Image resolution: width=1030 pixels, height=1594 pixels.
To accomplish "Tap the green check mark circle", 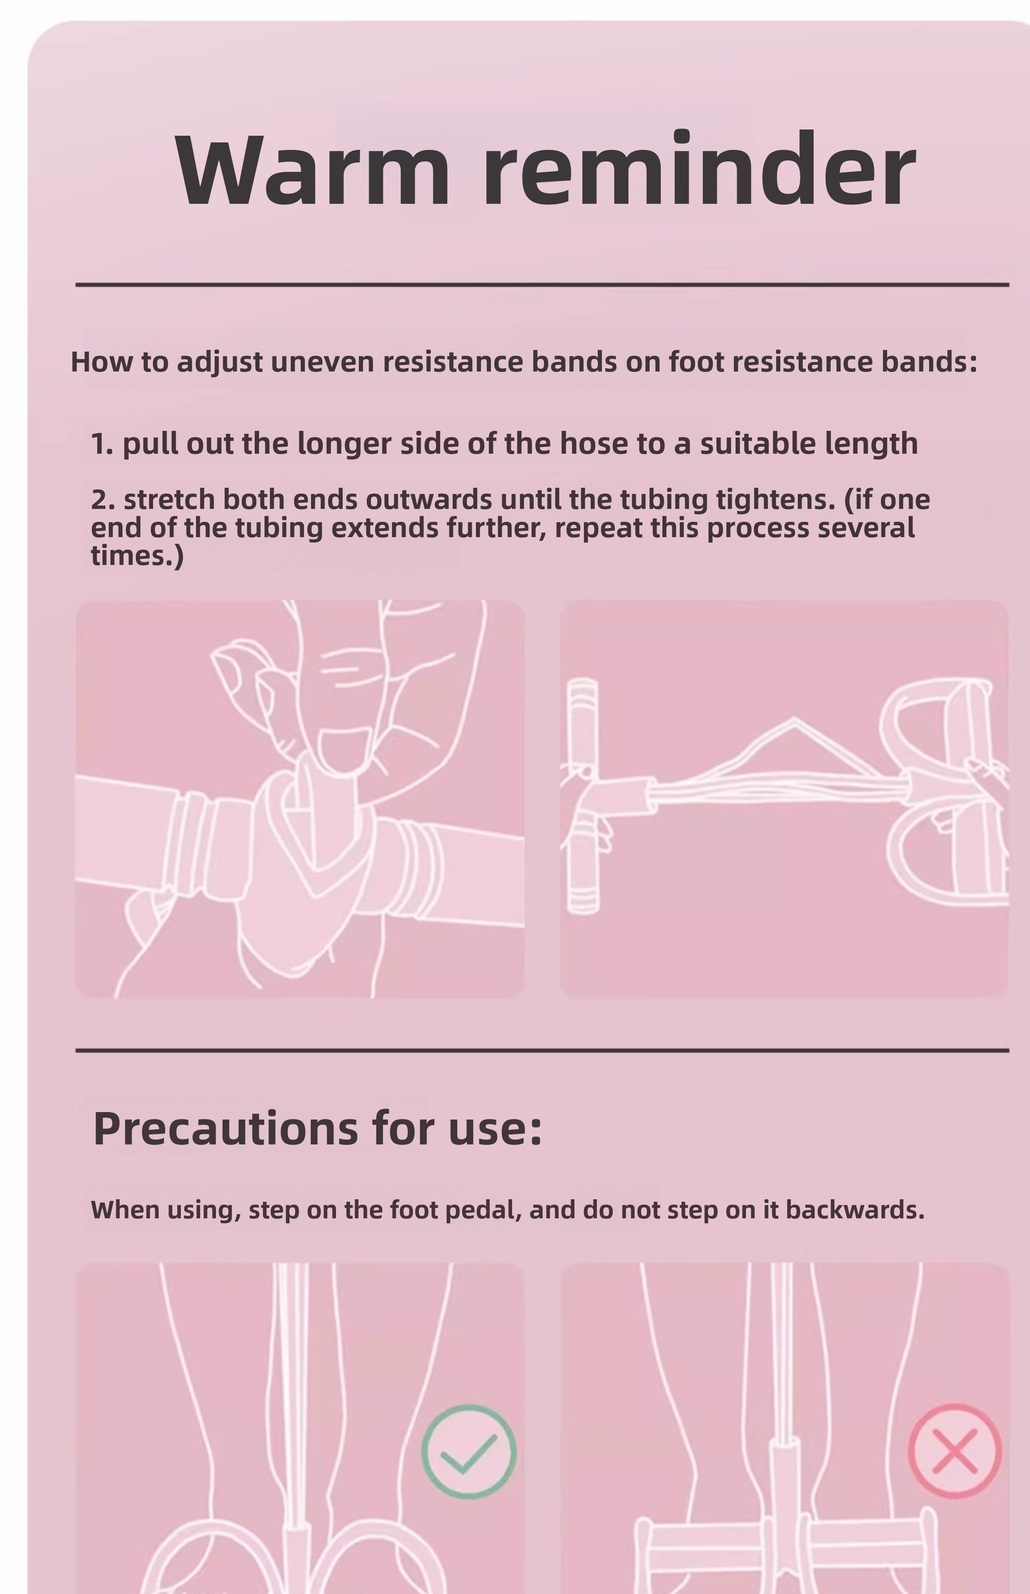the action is (469, 1451).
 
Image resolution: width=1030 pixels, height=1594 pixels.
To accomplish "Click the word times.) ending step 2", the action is (137, 556).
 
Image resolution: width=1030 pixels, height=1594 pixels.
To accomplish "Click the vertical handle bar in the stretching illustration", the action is (583, 795).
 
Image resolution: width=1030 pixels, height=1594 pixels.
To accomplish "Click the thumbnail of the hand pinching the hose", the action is (299, 799).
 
